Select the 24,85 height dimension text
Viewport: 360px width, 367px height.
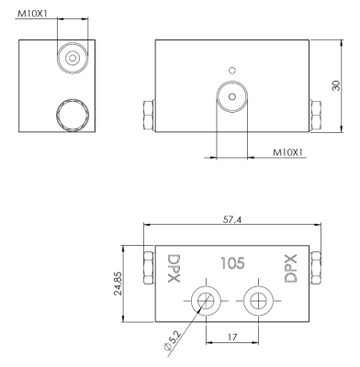[x=118, y=284]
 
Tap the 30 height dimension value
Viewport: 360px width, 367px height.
[x=336, y=85]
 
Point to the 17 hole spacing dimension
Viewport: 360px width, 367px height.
[x=232, y=337]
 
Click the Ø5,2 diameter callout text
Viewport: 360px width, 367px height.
[x=173, y=341]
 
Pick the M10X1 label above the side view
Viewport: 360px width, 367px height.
[x=33, y=14]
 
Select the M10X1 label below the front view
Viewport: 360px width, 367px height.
[x=288, y=152]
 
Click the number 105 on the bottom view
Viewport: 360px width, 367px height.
[x=232, y=263]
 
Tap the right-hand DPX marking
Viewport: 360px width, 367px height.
[x=290, y=269]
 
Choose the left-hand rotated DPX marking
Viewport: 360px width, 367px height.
[x=174, y=269]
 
